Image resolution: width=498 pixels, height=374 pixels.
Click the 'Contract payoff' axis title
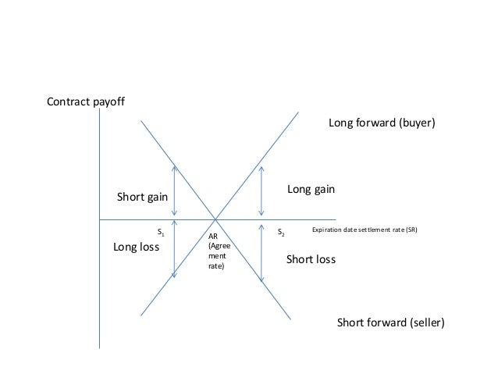(x=86, y=102)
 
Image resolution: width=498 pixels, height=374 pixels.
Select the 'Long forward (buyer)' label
(x=382, y=123)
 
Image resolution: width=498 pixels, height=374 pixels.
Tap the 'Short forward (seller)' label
(x=390, y=322)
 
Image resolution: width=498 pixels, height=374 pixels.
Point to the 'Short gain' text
(x=142, y=197)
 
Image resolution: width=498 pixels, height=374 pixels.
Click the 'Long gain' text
(x=311, y=189)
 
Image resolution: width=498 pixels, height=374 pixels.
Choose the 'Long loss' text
(x=137, y=248)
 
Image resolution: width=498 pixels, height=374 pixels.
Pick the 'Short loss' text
(x=311, y=259)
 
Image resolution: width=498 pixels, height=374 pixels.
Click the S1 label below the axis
(x=161, y=233)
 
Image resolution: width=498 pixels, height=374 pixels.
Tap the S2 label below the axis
(x=281, y=233)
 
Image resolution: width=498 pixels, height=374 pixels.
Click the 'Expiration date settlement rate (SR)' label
(x=366, y=230)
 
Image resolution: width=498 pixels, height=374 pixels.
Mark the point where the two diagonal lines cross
(x=216, y=219)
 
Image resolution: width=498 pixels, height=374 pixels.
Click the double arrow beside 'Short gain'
(x=175, y=191)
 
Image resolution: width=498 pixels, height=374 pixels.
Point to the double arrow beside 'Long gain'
(x=261, y=191)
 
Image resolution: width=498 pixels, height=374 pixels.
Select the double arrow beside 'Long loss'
(x=175, y=248)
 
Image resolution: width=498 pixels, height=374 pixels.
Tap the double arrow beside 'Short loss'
(x=261, y=251)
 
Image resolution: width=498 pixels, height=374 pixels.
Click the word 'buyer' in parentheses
(x=416, y=123)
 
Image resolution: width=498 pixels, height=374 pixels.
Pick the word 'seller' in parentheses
(x=425, y=322)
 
